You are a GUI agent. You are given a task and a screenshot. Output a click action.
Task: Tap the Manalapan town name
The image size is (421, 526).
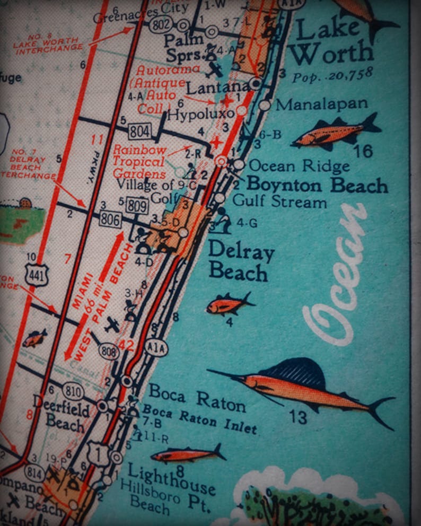pyautogui.click(x=321, y=104)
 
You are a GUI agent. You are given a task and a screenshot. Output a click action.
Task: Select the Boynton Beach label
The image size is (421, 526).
pyautogui.click(x=317, y=186)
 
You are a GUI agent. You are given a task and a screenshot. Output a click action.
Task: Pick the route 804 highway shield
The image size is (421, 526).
pyautogui.click(x=139, y=130)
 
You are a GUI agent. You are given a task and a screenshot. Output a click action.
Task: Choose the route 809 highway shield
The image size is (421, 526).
pyautogui.click(x=137, y=205)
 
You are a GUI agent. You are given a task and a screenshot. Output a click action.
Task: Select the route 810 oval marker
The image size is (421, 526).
pyautogui.click(x=73, y=391)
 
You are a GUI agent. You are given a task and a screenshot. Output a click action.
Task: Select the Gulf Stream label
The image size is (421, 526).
pyautogui.click(x=279, y=202)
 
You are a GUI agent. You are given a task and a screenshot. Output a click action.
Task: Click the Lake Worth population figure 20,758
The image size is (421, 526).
pyautogui.click(x=332, y=74)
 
